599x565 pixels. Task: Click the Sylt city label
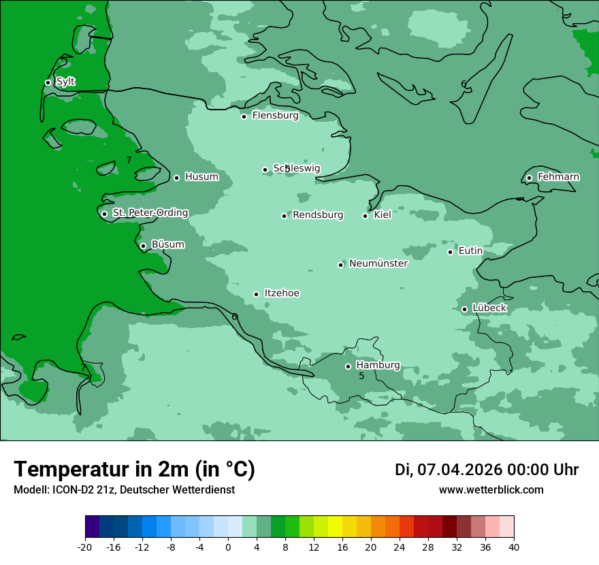pos(65,82)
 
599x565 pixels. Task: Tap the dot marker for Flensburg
pos(244,116)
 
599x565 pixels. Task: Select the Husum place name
pos(201,177)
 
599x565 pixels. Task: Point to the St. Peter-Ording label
pos(150,213)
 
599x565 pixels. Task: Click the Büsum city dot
pos(143,246)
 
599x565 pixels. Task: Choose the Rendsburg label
pos(318,215)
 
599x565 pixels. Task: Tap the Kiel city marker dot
pos(365,216)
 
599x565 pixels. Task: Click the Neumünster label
pos(378,263)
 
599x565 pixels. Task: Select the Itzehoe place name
pos(282,293)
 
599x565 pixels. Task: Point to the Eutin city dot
pos(450,252)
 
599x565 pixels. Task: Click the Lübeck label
pos(489,308)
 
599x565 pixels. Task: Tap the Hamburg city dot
pos(348,366)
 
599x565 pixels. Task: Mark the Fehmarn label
pos(558,177)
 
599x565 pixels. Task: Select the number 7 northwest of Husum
pos(129,161)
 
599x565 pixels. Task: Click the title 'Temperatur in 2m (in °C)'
pos(135,470)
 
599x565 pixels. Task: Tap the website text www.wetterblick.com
pos(491,490)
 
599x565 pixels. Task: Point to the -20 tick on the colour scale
pos(85,547)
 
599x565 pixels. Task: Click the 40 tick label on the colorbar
pos(513,547)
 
